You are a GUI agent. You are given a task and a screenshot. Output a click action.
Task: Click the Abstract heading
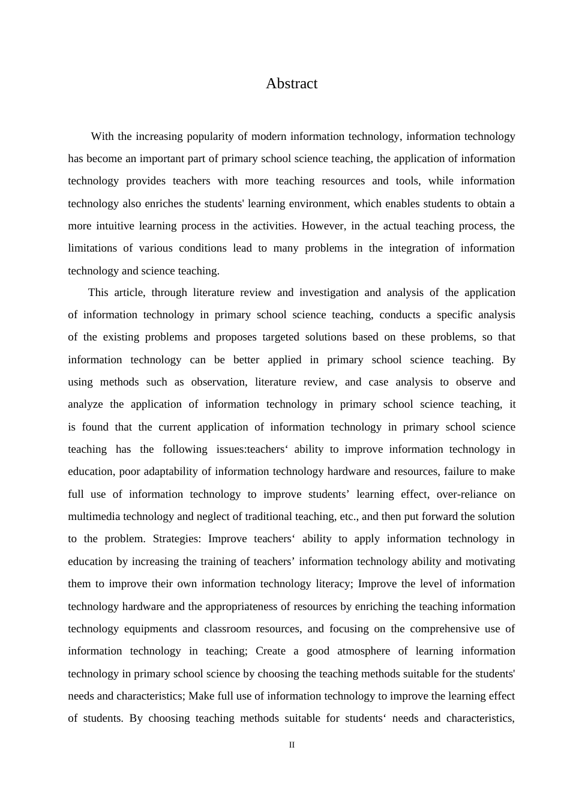292,83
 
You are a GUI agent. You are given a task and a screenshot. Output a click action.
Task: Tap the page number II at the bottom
292,745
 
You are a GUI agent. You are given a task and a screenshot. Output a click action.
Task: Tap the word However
323,226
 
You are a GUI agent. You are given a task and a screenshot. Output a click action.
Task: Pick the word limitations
93,248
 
